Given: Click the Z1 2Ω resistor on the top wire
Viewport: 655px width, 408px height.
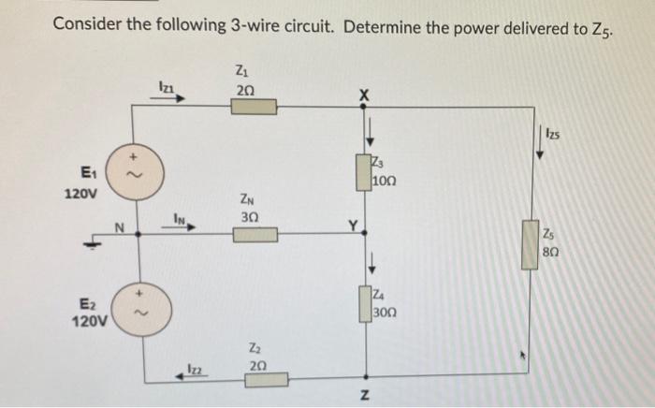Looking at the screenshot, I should tap(247, 107).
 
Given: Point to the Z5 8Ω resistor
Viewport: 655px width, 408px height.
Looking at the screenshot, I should tap(530, 243).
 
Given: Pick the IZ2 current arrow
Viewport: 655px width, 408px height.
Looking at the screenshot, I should tap(189, 373).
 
